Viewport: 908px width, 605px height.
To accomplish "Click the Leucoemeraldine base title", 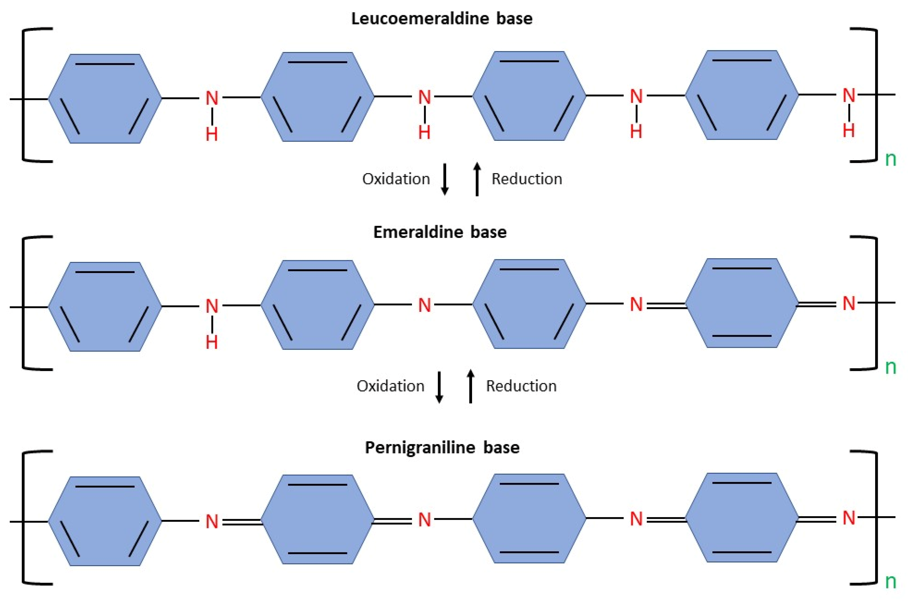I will coord(442,18).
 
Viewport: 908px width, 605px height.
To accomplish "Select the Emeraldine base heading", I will coord(440,232).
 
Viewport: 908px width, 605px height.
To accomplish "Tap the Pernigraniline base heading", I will coord(442,447).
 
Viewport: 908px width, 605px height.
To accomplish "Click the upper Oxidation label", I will coord(396,179).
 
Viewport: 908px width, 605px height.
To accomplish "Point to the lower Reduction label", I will coord(521,386).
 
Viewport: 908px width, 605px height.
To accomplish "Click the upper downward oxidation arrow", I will coord(444,179).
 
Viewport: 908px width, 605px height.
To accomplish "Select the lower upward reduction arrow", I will coord(470,386).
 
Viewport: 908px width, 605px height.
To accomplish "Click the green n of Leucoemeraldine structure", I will coord(891,159).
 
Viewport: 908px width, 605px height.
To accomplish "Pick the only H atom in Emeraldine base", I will coord(212,342).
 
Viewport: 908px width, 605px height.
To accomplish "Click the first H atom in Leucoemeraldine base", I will coord(212,134).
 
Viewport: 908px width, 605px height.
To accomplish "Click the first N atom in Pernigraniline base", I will coord(212,522).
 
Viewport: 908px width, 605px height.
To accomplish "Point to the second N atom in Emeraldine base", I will coord(424,305).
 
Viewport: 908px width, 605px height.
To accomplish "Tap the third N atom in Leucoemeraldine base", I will coord(636,96).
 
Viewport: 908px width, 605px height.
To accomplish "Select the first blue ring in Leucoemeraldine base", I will coord(105,99).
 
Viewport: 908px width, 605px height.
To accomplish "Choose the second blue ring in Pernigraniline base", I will coord(317,519).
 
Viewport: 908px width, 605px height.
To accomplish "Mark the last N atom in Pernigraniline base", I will coord(848,518).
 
